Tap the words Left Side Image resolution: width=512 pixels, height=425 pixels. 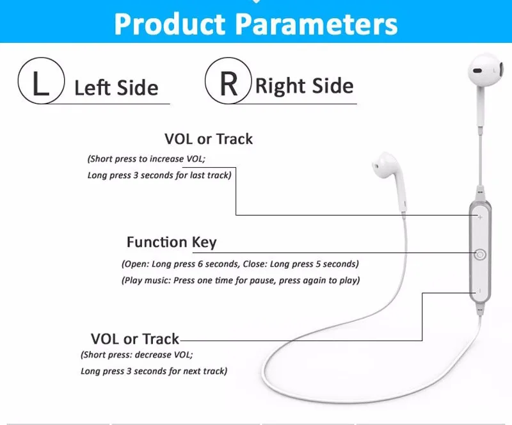(x=116, y=87)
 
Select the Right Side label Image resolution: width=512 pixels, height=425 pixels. (x=304, y=86)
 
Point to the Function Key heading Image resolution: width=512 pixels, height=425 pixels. (x=172, y=242)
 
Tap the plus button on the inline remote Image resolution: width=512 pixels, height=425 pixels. (x=480, y=216)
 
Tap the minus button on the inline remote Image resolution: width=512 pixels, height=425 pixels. (x=479, y=292)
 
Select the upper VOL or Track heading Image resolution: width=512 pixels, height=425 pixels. (x=209, y=139)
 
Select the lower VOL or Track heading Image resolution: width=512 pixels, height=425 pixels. (x=135, y=339)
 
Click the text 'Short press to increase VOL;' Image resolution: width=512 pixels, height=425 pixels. (x=155, y=159)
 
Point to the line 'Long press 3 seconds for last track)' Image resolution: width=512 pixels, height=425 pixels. (x=159, y=175)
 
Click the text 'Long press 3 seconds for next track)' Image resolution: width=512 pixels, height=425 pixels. (x=154, y=371)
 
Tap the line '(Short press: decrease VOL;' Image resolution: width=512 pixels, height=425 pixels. (x=136, y=355)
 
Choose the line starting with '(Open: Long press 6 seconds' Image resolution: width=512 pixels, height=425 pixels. (x=240, y=264)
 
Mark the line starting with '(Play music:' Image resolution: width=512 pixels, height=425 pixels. (x=241, y=280)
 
